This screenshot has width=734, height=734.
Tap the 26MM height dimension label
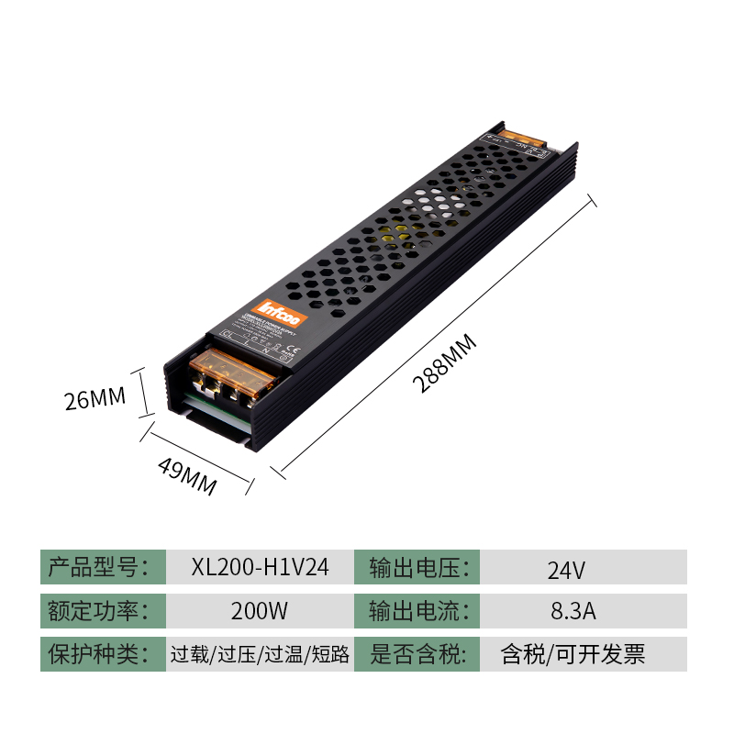tap(95, 399)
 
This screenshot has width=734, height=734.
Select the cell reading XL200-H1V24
tap(260, 567)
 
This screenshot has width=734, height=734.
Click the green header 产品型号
tap(103, 567)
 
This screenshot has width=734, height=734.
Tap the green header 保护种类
tap(103, 654)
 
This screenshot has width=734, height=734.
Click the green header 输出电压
tap(419, 567)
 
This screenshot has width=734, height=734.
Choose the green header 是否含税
tap(419, 654)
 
